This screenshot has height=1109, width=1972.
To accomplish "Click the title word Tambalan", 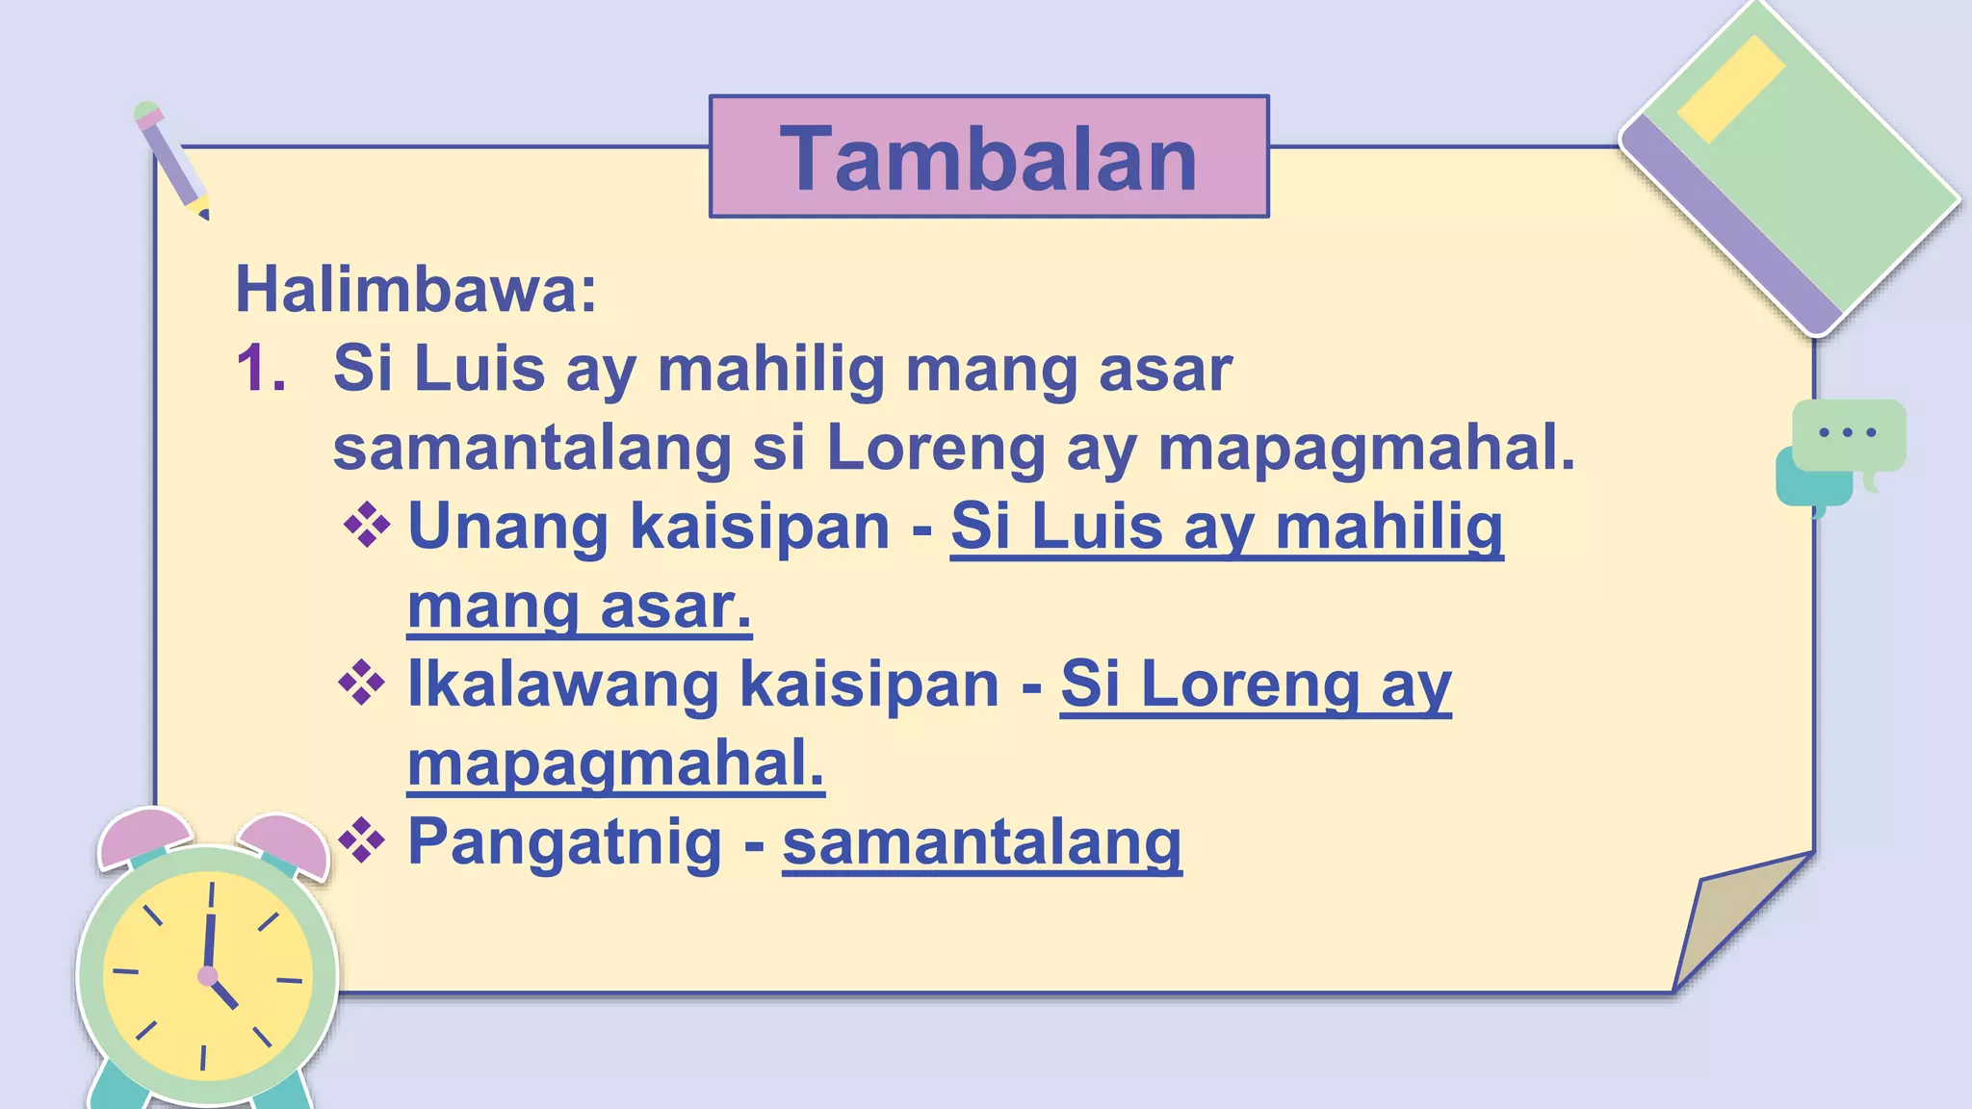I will coord(989,159).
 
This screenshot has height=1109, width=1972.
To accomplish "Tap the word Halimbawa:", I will coord(416,289).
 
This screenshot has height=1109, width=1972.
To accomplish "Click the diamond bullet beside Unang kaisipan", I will coord(367,526).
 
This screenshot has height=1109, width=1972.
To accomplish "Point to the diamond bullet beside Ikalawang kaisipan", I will coord(362,683).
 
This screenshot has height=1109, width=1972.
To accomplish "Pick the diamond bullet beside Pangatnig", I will coord(362,841).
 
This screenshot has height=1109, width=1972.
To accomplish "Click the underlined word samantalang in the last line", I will coord(981,843).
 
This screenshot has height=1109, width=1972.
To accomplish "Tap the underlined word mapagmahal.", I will coord(615,764).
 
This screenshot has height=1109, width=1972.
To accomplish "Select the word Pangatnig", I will coord(564,841).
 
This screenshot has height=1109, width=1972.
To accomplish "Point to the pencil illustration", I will coord(171,160).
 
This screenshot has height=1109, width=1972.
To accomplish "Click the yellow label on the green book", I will coord(1730,90).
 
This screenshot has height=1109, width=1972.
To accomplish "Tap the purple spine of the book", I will coord(1733,227).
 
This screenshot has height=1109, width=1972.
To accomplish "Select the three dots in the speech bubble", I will coord(1847,432).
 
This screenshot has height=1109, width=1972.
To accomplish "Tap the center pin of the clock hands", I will coord(207,976).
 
